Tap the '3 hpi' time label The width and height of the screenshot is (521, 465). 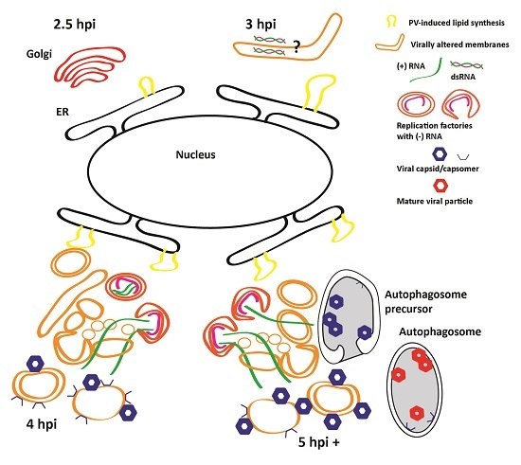tap(264, 20)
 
